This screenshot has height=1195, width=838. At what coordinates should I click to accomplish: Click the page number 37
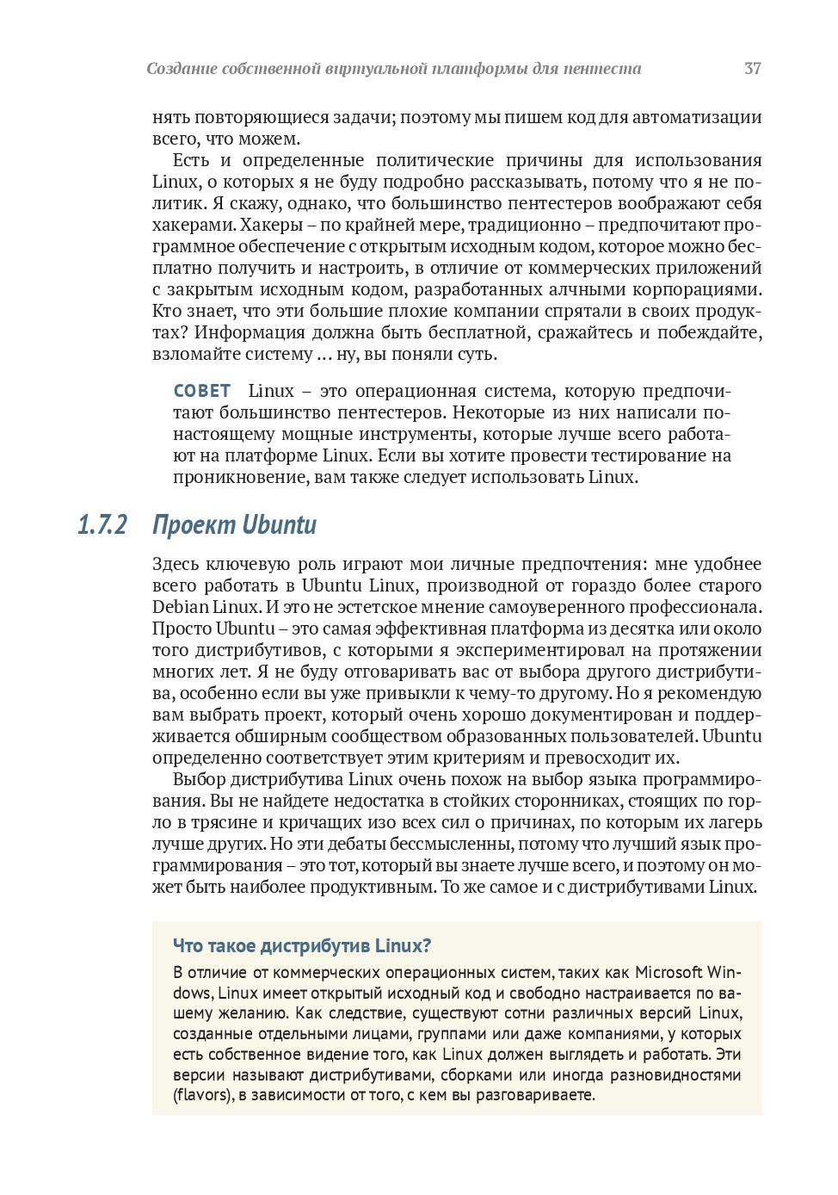coord(752,69)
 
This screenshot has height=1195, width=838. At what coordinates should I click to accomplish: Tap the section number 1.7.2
coord(102,524)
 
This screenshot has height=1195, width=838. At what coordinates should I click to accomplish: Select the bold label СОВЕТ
coord(202,391)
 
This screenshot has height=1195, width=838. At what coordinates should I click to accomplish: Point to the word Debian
coord(181,607)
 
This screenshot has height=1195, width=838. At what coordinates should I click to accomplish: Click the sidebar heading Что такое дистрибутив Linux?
coord(302,945)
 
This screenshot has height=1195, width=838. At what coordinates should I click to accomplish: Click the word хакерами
coord(194,225)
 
